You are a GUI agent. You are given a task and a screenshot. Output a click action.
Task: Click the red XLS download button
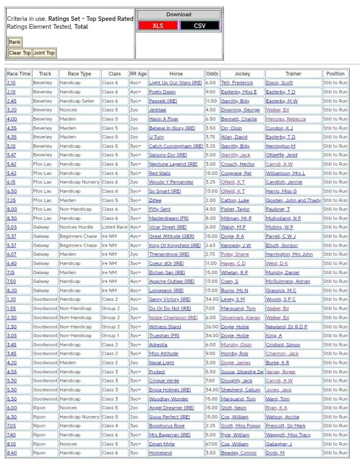[x=158, y=26]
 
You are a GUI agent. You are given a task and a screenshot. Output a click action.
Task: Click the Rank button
[x=14, y=42]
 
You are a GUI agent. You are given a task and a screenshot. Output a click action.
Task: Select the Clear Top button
[x=20, y=53]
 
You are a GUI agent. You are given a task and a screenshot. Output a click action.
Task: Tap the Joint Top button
[x=44, y=53]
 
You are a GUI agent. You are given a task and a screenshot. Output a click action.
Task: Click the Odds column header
[x=211, y=74]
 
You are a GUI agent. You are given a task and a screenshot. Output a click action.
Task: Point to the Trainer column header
[x=293, y=74]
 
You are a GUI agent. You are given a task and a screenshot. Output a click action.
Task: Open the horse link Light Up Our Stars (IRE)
[x=175, y=83]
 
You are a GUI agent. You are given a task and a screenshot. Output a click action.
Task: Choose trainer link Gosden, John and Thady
[x=293, y=200]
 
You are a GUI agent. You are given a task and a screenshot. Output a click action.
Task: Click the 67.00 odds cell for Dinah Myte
[x=211, y=444]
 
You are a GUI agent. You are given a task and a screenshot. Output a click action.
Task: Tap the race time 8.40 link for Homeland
[x=11, y=453]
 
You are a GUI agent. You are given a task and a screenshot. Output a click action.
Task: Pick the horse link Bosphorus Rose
[x=167, y=426]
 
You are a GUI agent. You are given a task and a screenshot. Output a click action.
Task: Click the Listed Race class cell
[x=115, y=227]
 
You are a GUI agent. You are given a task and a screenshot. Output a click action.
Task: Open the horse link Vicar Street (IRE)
[x=168, y=227]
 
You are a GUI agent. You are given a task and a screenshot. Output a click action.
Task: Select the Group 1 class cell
[x=111, y=336]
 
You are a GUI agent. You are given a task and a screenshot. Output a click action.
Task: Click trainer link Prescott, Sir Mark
[x=285, y=426]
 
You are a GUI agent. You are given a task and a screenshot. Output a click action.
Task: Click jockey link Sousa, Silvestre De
[x=242, y=372]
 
